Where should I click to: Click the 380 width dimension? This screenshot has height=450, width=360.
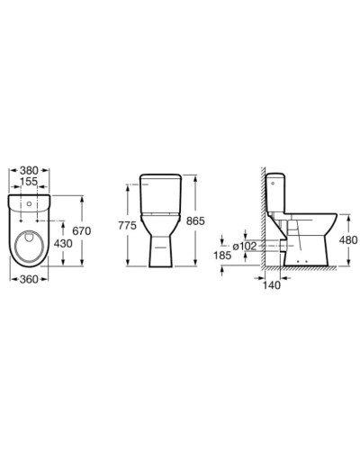click(x=29, y=170)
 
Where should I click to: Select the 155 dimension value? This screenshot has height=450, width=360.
click(x=29, y=182)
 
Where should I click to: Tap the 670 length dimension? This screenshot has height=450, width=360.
click(x=82, y=231)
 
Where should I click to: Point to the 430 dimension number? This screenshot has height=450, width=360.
click(x=63, y=243)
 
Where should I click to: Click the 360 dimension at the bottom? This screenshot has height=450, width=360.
click(x=29, y=279)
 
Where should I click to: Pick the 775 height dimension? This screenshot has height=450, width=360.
click(x=127, y=225)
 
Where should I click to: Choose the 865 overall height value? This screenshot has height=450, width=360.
click(x=195, y=221)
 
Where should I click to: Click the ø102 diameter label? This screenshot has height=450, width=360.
click(x=245, y=247)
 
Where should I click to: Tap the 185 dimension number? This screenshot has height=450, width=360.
click(x=222, y=256)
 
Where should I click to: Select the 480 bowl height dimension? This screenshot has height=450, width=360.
click(x=348, y=240)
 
